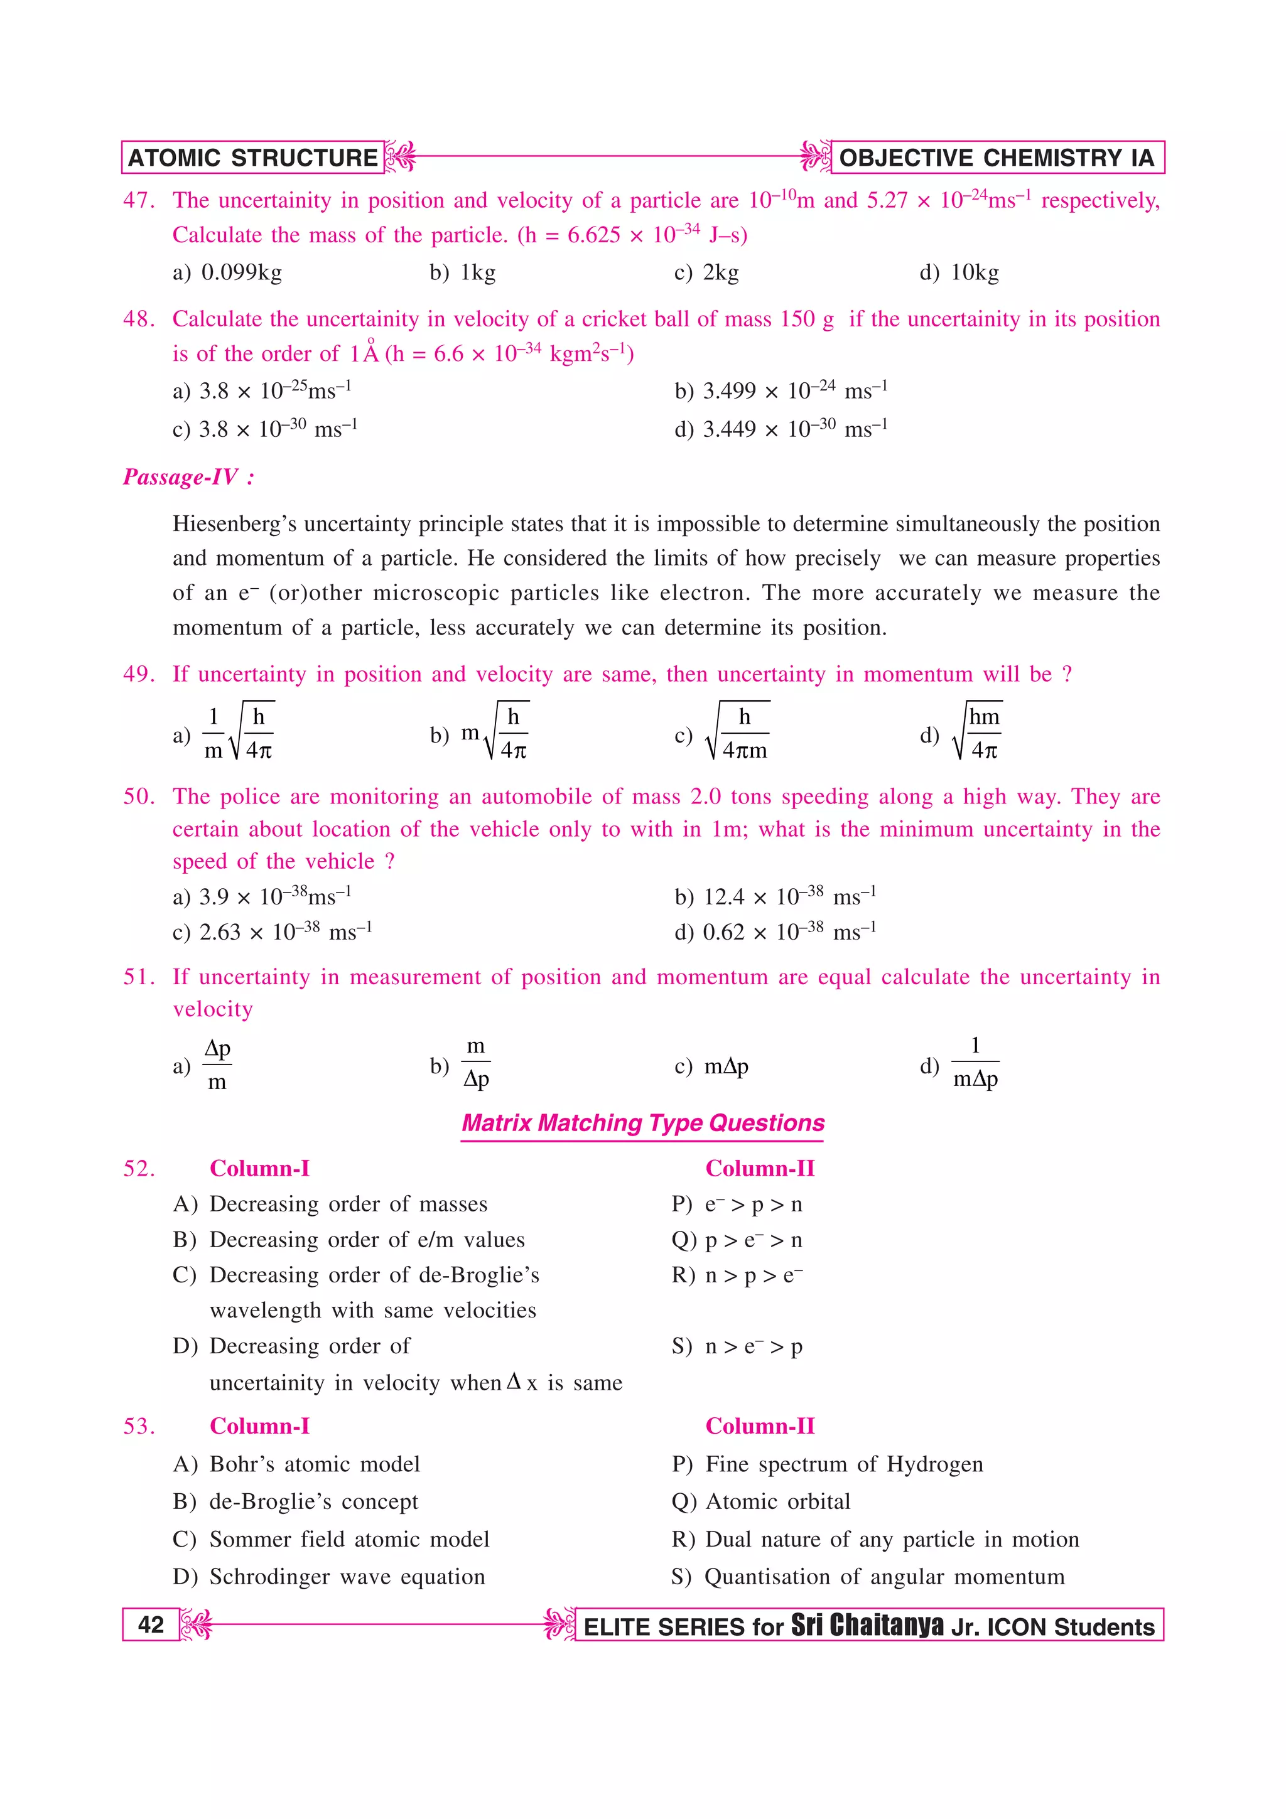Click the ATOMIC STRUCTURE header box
click(253, 158)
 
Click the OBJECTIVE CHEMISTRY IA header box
click(996, 158)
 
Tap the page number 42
click(151, 1624)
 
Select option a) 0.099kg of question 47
click(227, 272)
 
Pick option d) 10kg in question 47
click(959, 272)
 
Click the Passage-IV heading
click(188, 477)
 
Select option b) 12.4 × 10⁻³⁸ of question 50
click(775, 896)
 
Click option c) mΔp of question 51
click(711, 1066)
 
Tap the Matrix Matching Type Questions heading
click(642, 1123)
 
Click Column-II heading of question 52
click(759, 1169)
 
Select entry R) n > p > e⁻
click(737, 1275)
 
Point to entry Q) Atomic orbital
click(760, 1501)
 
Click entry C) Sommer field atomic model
click(331, 1538)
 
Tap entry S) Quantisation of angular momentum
click(868, 1577)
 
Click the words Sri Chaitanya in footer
click(867, 1625)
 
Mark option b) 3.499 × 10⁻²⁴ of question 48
click(781, 390)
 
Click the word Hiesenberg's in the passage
click(235, 523)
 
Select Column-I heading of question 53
click(259, 1426)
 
